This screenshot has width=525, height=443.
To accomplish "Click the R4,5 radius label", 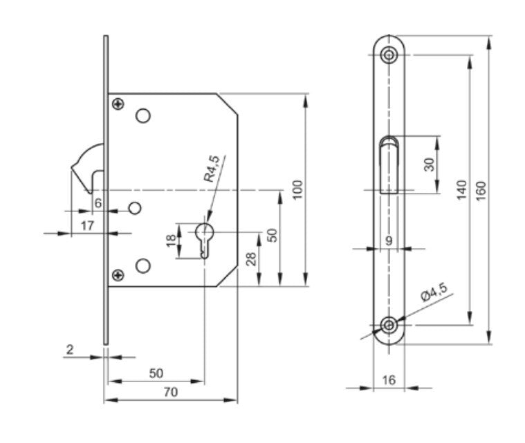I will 212,169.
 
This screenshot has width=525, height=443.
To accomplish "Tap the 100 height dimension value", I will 298,189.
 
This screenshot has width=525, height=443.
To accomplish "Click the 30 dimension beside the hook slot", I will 429,164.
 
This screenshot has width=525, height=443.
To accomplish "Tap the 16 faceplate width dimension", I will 388,379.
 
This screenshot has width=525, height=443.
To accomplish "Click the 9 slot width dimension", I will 388,241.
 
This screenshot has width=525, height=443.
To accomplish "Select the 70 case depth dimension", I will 171,392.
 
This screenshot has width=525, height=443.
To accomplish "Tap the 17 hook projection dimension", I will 87,225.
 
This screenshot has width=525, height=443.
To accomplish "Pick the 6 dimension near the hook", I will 98,202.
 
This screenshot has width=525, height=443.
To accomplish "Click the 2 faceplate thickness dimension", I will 70,350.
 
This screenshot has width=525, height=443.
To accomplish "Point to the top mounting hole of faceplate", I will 391,53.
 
